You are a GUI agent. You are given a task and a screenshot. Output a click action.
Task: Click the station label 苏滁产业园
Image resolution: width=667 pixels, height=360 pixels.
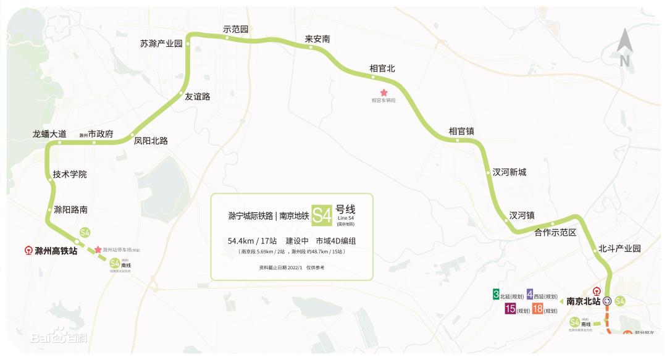(161, 44)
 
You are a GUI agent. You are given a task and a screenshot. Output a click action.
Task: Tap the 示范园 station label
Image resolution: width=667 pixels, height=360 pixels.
(235, 29)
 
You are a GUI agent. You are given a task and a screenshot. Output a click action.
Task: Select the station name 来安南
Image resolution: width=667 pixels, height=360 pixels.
(317, 39)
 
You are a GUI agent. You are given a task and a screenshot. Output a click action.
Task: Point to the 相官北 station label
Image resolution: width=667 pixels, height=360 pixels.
(382, 69)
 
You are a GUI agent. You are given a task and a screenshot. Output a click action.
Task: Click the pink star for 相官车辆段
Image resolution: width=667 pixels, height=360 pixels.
(383, 92)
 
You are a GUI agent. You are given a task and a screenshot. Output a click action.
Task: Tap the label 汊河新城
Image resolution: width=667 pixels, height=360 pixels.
(509, 172)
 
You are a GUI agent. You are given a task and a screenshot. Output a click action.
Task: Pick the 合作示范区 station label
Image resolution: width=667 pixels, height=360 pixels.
(555, 232)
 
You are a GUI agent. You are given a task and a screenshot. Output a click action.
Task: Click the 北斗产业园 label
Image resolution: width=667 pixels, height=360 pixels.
(619, 248)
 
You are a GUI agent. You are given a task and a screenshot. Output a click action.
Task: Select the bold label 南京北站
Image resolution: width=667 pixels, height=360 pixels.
(584, 301)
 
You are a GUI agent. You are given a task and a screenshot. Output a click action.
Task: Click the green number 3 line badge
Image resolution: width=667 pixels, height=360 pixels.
(496, 295)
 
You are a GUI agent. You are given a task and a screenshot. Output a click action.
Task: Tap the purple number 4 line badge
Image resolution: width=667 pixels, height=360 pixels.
(530, 295)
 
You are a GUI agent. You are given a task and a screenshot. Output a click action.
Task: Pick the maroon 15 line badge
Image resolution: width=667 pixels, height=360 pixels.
(511, 309)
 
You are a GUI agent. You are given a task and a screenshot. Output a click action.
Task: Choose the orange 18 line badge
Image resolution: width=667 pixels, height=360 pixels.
(537, 309)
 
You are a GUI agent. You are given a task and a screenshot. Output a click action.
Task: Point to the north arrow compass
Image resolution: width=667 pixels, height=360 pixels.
(624, 48)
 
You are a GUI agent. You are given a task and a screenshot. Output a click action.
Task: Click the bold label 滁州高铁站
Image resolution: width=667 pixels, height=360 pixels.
(56, 251)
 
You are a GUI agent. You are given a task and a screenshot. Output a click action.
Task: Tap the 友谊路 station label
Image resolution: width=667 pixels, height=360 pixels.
(198, 96)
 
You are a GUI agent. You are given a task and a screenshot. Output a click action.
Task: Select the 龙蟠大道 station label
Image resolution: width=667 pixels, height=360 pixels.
(49, 133)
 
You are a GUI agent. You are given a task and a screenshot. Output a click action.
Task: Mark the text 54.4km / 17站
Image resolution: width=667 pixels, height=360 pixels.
(252, 240)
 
